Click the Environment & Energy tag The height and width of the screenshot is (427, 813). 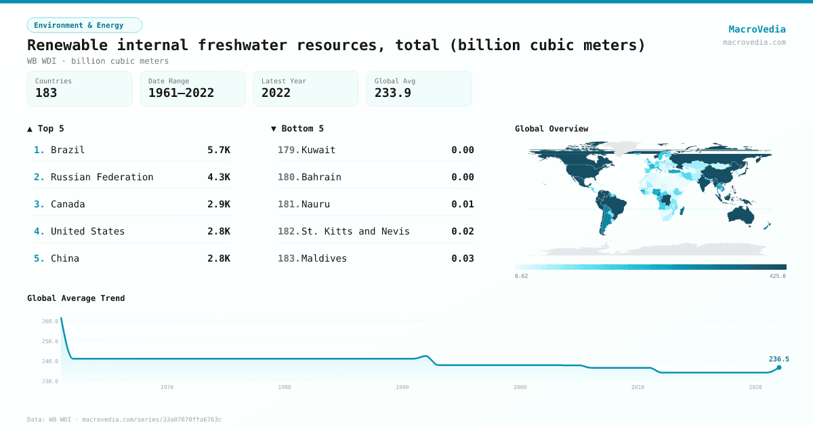coord(84,25)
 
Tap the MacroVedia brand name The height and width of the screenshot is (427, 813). coord(757,29)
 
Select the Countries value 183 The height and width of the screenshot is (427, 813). coord(46,94)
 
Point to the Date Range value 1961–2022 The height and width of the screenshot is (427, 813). coord(181,94)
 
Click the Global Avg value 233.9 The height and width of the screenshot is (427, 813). coord(393,94)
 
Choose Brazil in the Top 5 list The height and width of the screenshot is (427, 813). coord(68,150)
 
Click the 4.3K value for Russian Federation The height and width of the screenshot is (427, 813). coord(219,177)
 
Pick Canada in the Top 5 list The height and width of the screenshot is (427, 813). coord(68,204)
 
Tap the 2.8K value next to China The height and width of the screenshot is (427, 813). coord(219,258)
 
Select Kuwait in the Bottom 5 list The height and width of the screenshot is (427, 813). coord(318,150)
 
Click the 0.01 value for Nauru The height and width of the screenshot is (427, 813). coord(463,204)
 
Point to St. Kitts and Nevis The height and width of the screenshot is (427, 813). coord(356,231)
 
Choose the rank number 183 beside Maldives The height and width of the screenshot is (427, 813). coord(288,258)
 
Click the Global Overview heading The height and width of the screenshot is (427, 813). coord(551,129)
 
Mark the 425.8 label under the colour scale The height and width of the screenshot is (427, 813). coord(777,277)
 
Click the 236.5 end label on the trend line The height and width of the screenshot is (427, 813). coord(778,359)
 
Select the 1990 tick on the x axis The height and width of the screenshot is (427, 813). coord(402,387)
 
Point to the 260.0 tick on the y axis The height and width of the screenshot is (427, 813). coord(50,321)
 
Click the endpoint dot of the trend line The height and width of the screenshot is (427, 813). coord(779,367)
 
